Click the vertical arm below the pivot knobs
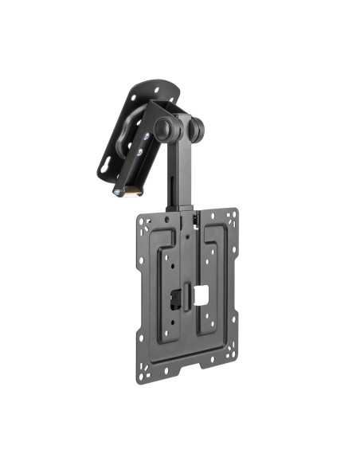tap(178, 167)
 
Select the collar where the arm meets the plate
tap(182, 213)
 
